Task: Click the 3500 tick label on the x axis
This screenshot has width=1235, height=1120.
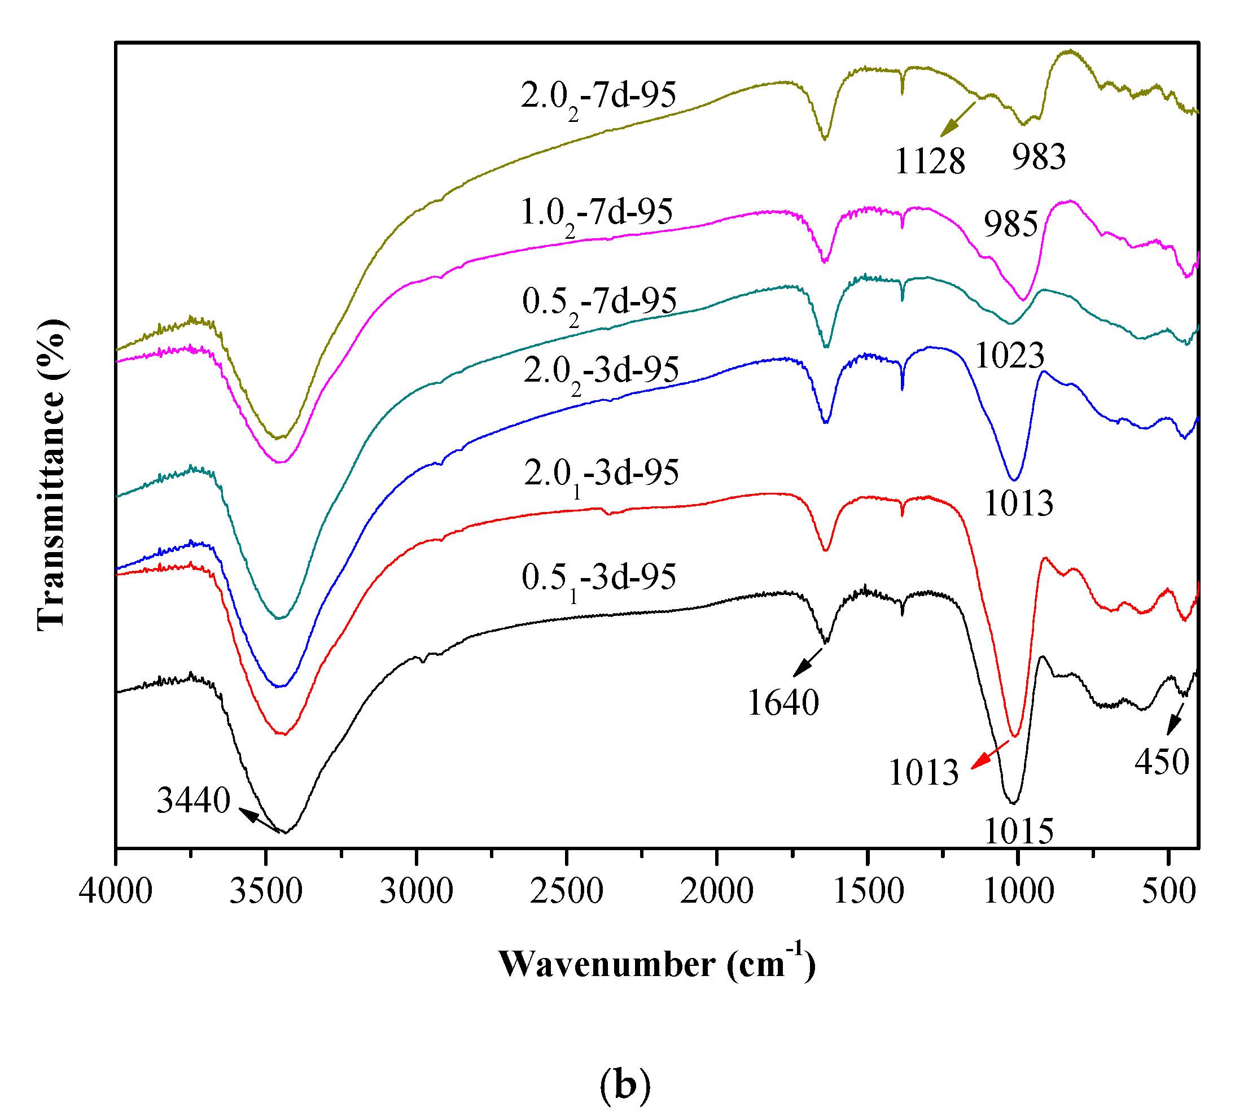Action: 266,891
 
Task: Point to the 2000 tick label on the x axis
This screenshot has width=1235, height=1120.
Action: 717,891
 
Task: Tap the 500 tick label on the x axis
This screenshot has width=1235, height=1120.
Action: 1169,891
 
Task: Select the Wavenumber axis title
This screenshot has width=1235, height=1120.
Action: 656,964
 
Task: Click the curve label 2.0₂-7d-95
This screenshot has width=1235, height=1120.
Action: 598,97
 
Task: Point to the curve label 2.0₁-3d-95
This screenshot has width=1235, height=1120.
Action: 601,474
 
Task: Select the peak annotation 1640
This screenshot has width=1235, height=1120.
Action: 783,703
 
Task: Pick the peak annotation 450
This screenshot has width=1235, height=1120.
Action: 1162,762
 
